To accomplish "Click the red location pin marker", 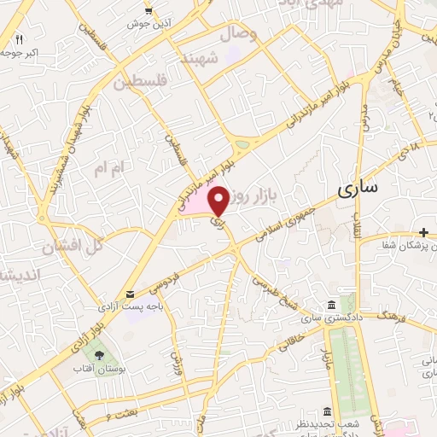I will tap(218, 201).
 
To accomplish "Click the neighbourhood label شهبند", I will tap(224, 57).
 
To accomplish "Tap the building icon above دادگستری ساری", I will tap(331, 306).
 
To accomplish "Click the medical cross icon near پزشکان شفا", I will tap(424, 232).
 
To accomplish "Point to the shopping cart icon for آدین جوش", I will tap(150, 10).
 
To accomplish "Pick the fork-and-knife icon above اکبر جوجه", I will tap(19, 39).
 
